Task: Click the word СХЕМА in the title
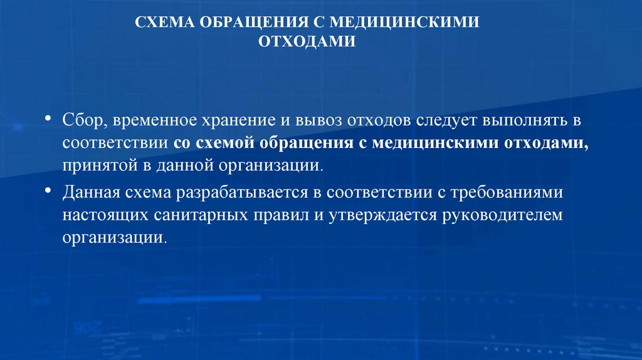tap(164, 23)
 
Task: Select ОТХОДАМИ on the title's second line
tap(307, 41)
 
